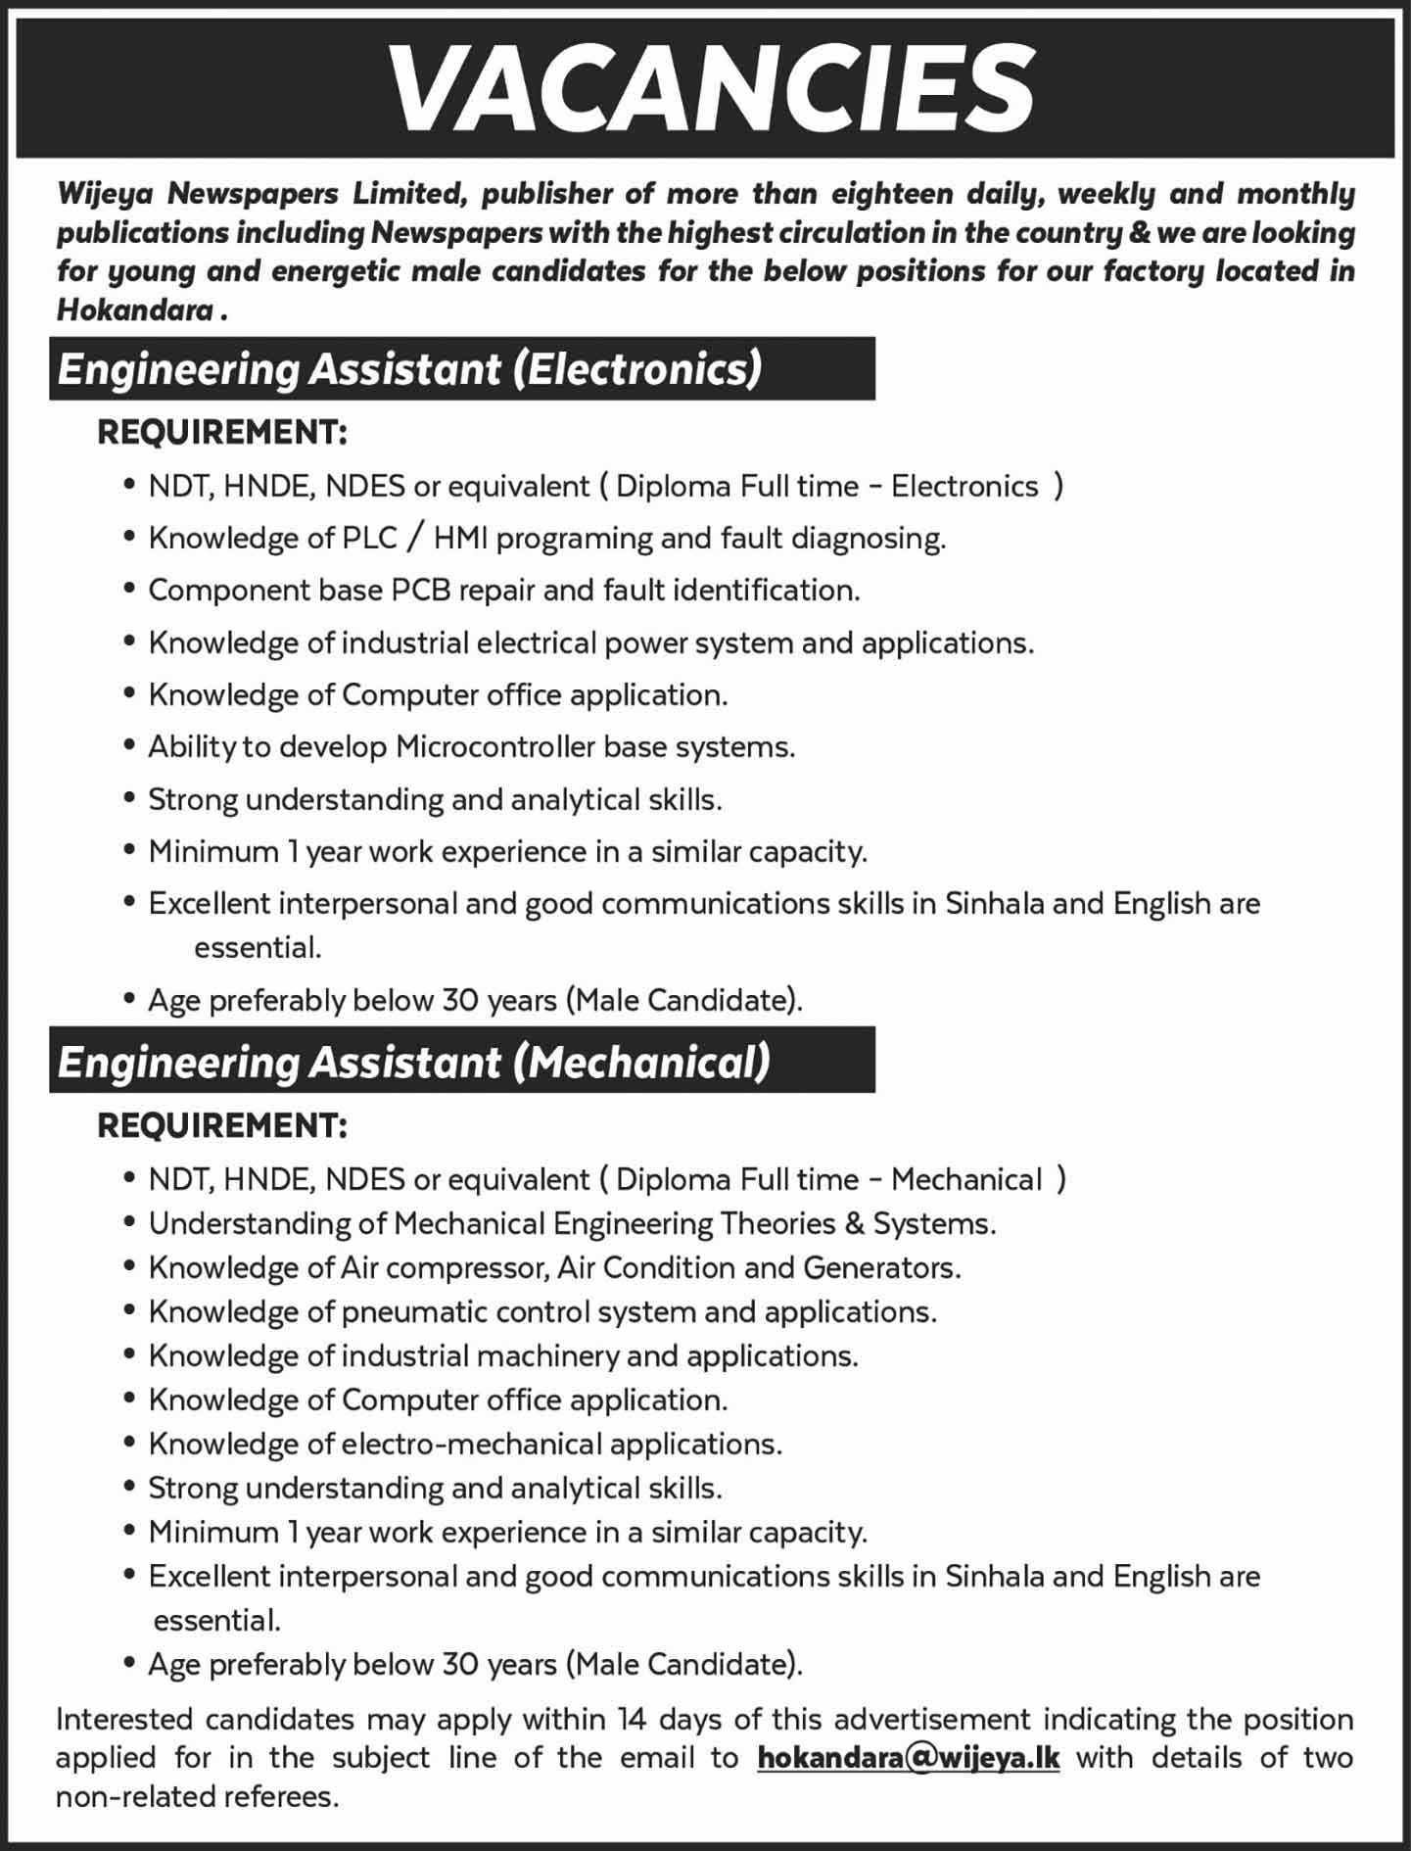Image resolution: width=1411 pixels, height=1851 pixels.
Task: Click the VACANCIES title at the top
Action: tap(712, 88)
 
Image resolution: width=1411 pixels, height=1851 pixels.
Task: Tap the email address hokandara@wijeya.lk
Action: tap(908, 1757)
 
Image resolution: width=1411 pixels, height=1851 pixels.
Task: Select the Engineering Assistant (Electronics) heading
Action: tap(409, 369)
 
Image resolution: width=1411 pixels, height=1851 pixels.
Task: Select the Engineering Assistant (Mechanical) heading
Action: tap(414, 1062)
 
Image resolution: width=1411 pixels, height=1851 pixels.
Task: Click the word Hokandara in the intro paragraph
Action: tap(135, 309)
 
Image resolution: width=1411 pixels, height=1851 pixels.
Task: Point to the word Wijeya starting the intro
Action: tap(106, 193)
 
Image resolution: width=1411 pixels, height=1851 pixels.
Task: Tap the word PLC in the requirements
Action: tap(370, 538)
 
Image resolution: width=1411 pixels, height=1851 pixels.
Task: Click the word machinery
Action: tap(546, 1355)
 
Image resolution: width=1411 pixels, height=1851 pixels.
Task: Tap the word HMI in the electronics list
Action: tap(459, 538)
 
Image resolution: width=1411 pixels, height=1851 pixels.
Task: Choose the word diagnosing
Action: tap(868, 538)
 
